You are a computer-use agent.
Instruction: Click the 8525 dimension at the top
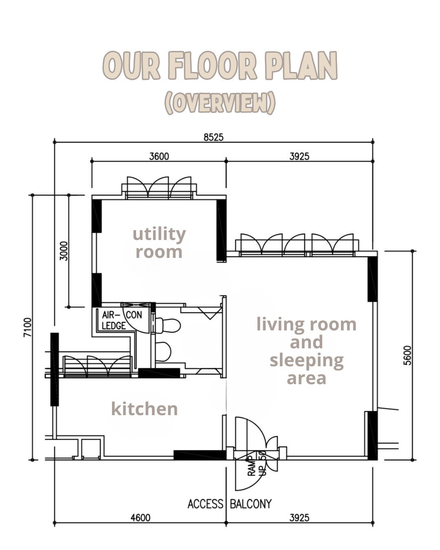pos(213,137)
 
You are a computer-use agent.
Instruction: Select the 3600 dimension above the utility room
pos(159,156)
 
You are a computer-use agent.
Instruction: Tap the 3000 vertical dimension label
pos(64,251)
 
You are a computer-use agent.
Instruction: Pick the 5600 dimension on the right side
pos(407,355)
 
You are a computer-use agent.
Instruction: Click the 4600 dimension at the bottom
pos(140,517)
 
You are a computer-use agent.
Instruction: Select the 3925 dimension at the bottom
pos(299,517)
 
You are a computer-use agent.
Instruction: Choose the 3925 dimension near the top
pos(299,156)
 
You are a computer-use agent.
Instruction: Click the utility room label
pos(159,243)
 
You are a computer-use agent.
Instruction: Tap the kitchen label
pos(144,409)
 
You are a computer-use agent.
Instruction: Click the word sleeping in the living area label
pos(306,361)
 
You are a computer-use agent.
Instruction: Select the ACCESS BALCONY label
pos(229,504)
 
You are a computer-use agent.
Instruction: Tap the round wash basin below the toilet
pos(163,352)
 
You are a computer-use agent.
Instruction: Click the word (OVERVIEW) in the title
pos(220,103)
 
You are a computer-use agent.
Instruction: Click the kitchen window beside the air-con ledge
pos(97,366)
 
